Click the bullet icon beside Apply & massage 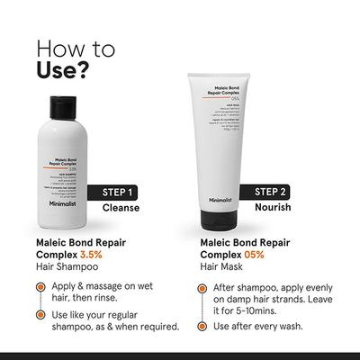(43, 287)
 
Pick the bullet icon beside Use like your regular (43, 314)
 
